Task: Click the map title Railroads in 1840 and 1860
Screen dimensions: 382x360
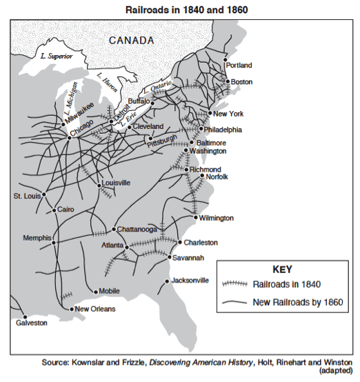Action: (179, 10)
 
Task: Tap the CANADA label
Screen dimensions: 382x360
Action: (131, 41)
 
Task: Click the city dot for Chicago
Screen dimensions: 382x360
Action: (69, 137)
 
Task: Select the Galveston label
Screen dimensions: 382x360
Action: (32, 322)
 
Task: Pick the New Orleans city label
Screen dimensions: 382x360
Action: (94, 309)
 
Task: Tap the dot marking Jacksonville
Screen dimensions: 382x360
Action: (167, 281)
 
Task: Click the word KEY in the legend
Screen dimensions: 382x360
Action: (283, 269)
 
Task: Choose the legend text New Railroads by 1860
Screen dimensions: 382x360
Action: (297, 301)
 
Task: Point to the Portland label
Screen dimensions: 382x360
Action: (239, 66)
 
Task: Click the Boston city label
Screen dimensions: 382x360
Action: (241, 82)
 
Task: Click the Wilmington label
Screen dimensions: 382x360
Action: (217, 218)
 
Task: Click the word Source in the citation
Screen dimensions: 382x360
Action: (54, 362)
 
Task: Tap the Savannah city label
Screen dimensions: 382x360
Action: (188, 258)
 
